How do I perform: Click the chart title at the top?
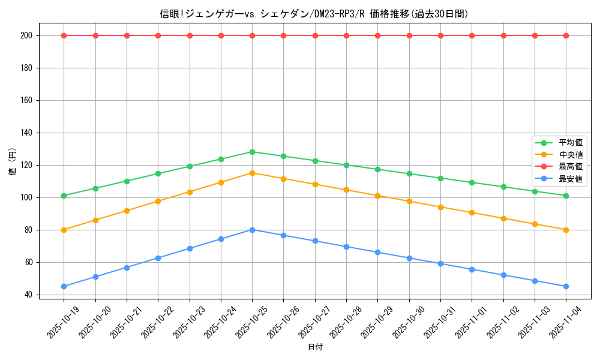314,14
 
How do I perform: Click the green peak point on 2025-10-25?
252,152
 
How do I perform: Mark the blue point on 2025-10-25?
252,230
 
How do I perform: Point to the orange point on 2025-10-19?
64,230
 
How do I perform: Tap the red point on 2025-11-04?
566,35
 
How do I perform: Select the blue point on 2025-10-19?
64,286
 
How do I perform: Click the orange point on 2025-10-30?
409,201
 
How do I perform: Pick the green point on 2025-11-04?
566,196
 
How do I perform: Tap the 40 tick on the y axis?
28,295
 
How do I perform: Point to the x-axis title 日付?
315,347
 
